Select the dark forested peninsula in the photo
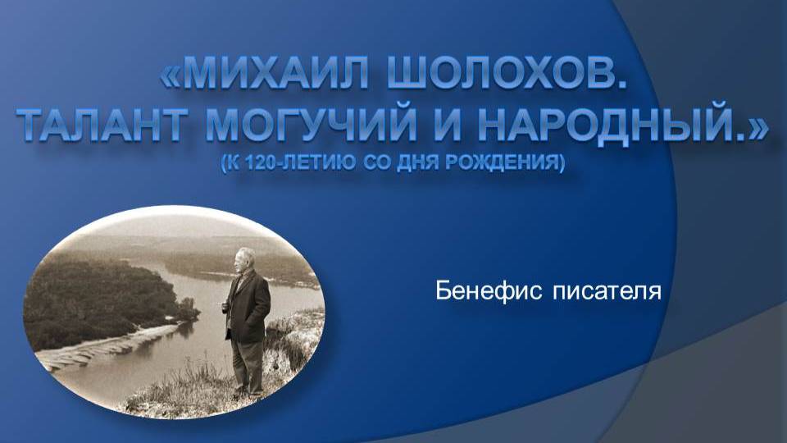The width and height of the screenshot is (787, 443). tap(100, 301)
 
